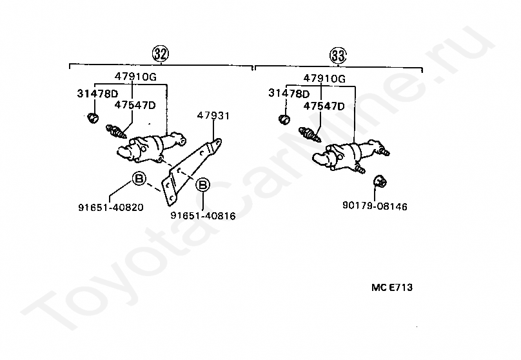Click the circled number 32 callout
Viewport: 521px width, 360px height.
[161, 54]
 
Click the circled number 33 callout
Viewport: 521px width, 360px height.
[338, 55]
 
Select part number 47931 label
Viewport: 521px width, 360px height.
[213, 116]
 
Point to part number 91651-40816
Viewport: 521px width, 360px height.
[202, 215]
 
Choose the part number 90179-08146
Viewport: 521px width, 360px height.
[375, 206]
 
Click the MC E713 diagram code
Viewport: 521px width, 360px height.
[391, 288]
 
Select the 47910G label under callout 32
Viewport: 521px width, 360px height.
[136, 76]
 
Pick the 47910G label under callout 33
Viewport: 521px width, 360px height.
[325, 79]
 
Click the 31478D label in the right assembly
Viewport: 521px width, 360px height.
[290, 94]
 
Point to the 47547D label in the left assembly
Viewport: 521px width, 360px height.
[135, 105]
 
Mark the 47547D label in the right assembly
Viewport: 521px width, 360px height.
[324, 106]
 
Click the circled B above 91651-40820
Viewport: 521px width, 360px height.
[139, 179]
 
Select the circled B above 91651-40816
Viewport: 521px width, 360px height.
[202, 185]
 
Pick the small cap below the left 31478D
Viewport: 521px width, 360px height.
[92, 118]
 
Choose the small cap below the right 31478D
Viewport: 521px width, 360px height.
[284, 119]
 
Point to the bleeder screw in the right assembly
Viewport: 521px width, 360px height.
[311, 135]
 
